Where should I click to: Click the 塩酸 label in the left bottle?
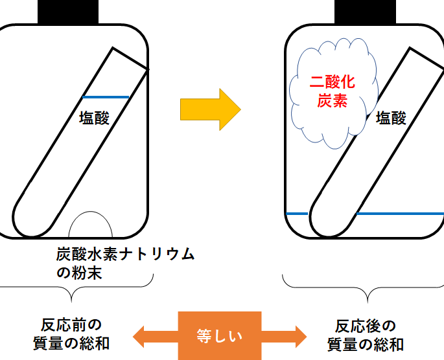94,118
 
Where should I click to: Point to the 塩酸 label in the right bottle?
391,118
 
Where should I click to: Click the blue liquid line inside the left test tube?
106,97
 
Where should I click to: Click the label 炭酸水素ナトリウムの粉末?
123,263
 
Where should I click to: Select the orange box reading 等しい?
219,335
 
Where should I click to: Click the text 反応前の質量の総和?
71,333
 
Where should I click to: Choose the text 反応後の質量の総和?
366,333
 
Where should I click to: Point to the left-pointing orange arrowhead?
143,335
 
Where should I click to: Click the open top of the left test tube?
130,58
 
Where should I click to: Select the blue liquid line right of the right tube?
399,213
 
